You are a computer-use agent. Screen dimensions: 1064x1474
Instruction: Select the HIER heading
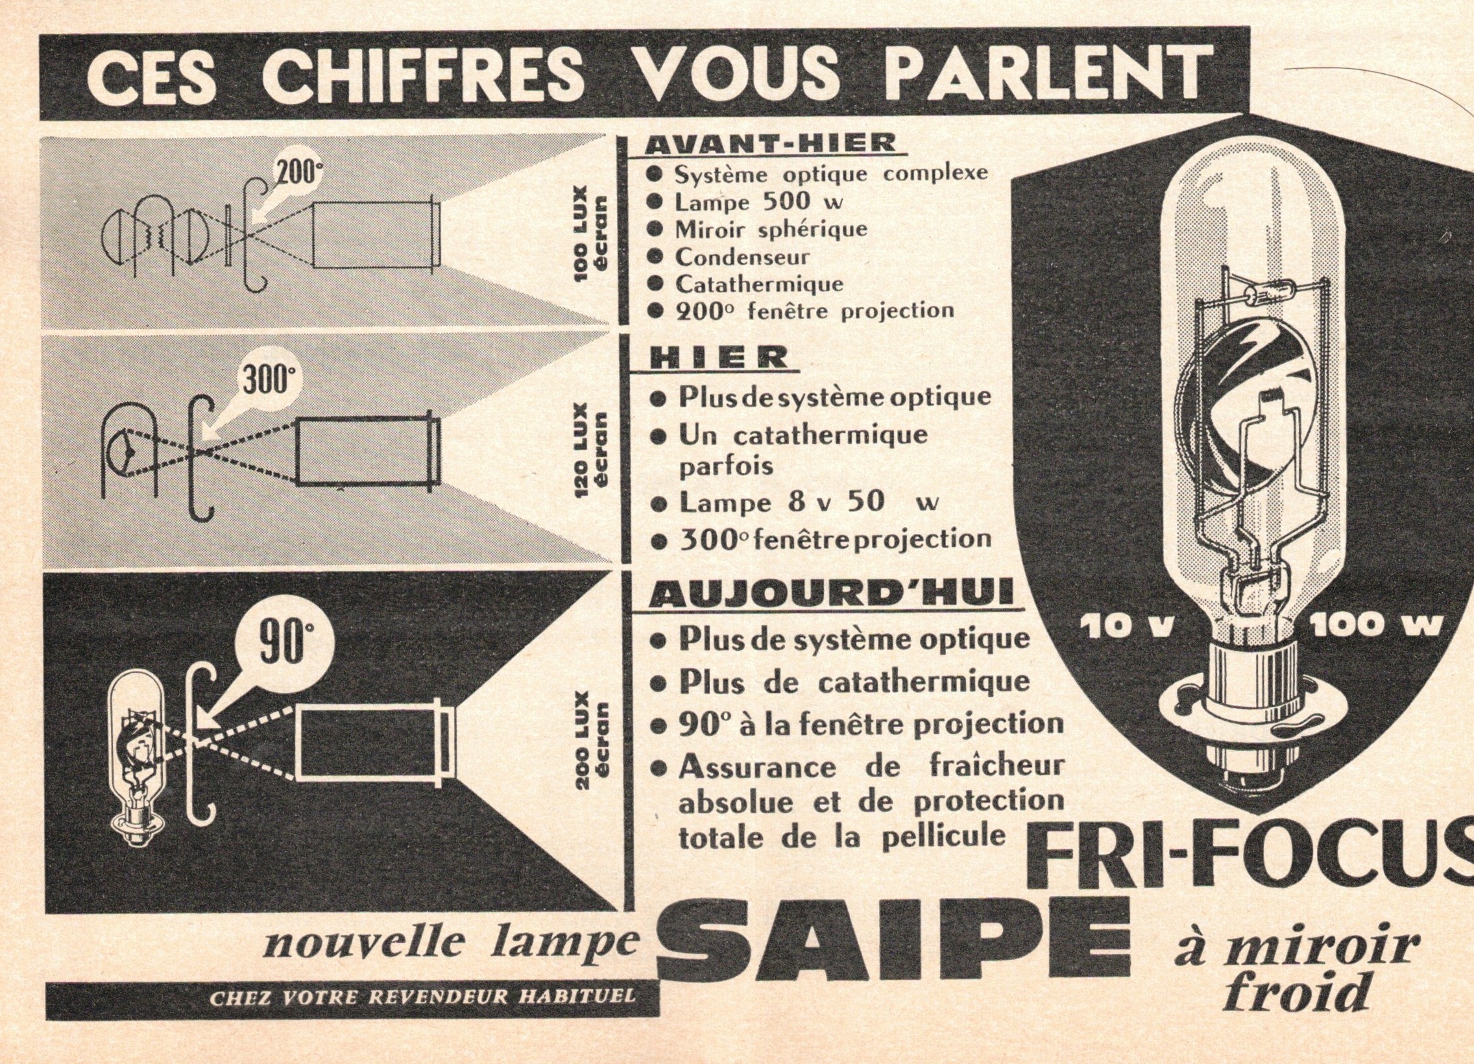(x=718, y=358)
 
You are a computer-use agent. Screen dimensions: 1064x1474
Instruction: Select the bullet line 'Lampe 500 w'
(x=758, y=202)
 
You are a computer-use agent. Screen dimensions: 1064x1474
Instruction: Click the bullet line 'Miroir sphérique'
(x=770, y=230)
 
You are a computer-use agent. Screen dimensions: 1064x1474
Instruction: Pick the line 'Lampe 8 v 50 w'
(x=808, y=503)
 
